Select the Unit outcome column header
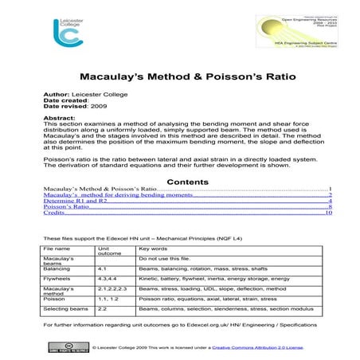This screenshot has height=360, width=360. coord(109,252)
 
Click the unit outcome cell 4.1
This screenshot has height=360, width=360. coord(103,269)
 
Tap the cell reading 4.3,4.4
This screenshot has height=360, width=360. coord(108,280)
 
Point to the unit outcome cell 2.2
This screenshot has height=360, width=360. coord(103,307)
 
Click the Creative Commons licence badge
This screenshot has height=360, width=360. coord(66,348)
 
